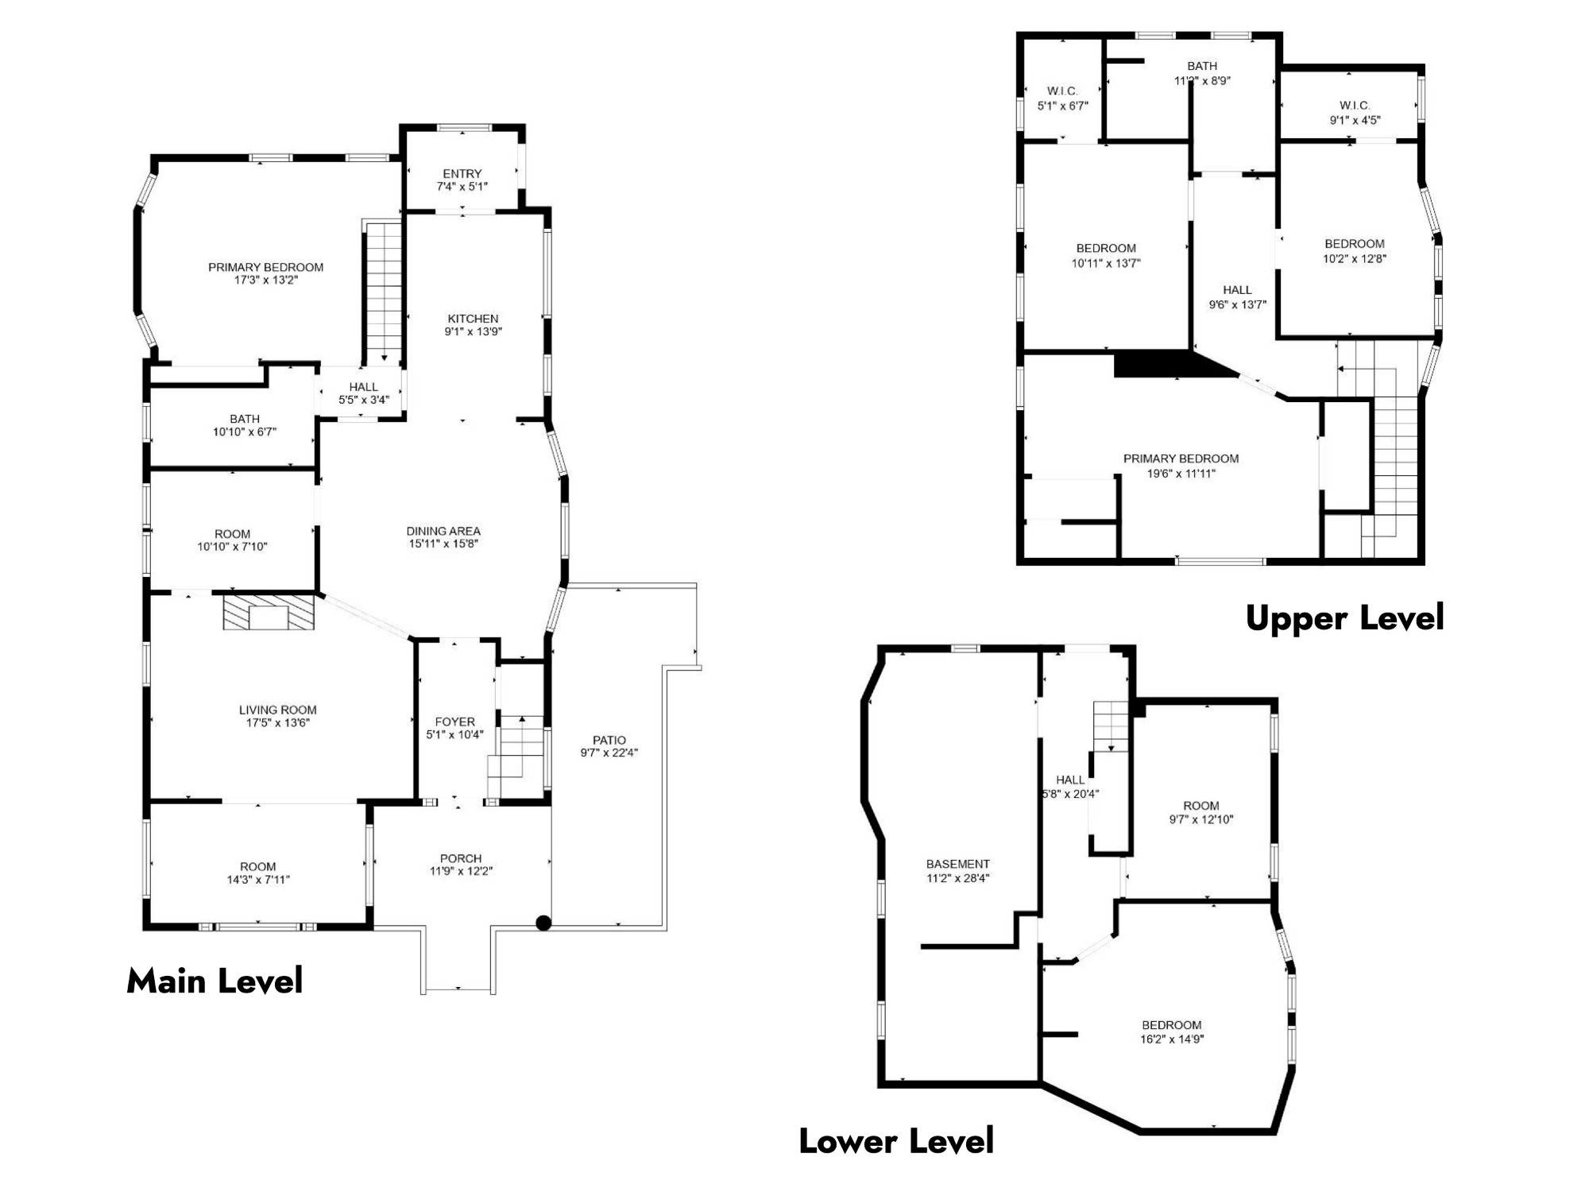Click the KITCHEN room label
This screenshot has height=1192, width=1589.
tap(473, 319)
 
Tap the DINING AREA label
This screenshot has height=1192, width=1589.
tap(443, 531)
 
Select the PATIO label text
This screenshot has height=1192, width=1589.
tap(609, 740)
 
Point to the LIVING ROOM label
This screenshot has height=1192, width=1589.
tap(277, 710)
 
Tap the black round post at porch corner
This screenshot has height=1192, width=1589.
tap(543, 923)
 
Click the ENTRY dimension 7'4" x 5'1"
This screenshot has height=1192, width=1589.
tap(462, 187)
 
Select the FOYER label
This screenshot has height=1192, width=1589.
tap(455, 722)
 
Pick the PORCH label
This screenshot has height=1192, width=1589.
tap(461, 858)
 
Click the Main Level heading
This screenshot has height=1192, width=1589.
tap(215, 981)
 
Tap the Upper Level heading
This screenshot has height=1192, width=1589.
tap(1344, 618)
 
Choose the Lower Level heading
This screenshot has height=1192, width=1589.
tap(896, 1141)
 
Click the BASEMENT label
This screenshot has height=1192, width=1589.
tap(958, 864)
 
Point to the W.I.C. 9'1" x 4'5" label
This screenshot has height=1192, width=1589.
tap(1355, 113)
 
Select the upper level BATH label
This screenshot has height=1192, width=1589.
tap(1202, 66)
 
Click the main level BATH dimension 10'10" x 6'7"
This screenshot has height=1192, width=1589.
tap(245, 432)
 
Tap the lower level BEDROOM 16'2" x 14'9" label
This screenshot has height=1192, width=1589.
tap(1172, 1031)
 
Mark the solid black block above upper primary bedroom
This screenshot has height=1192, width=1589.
tap(1168, 364)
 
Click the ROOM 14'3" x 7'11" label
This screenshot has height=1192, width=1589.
tap(258, 873)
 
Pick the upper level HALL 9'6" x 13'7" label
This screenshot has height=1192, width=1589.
tap(1237, 297)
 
